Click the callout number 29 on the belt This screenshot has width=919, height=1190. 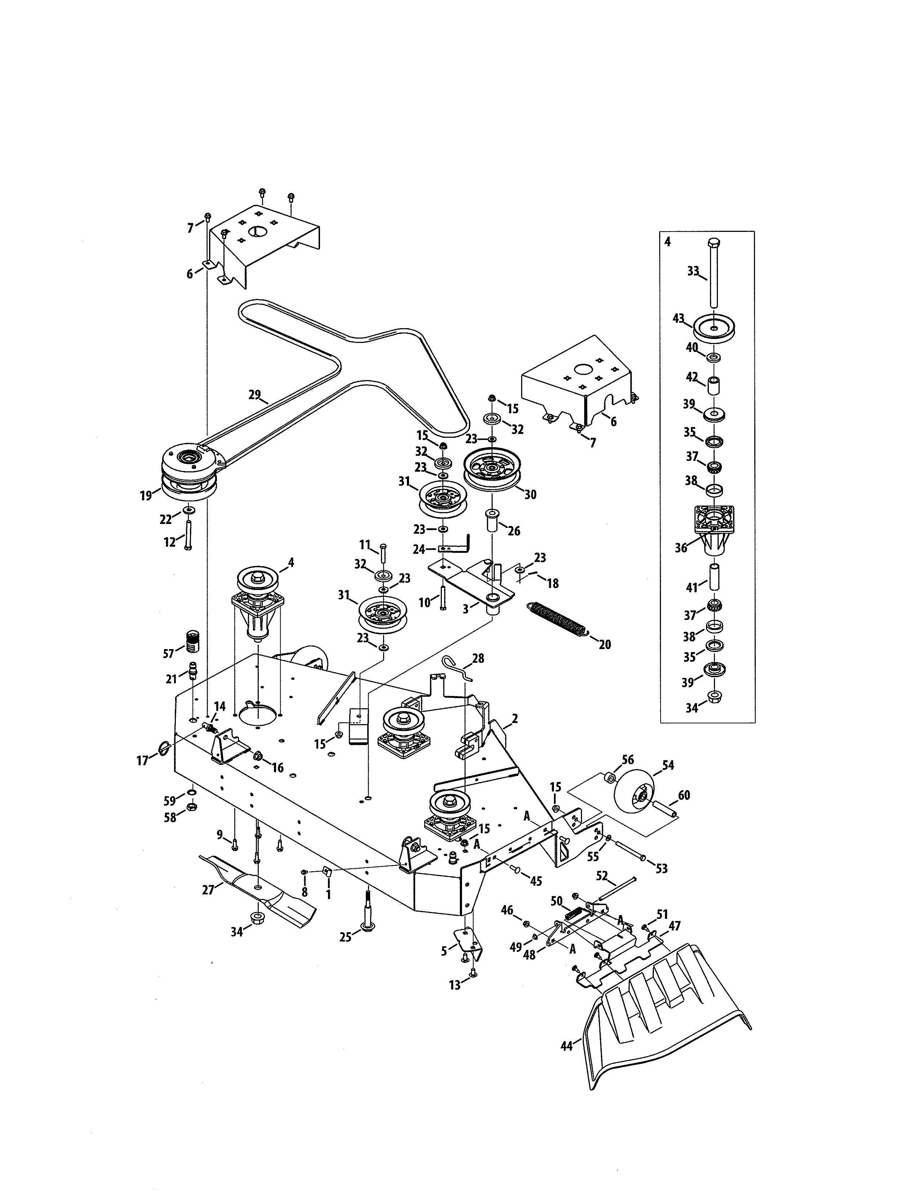pyautogui.click(x=254, y=395)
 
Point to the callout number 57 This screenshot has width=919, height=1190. pyautogui.click(x=169, y=653)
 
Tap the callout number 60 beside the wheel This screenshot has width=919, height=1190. pyautogui.click(x=684, y=795)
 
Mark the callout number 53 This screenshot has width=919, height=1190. pyautogui.click(x=661, y=868)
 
